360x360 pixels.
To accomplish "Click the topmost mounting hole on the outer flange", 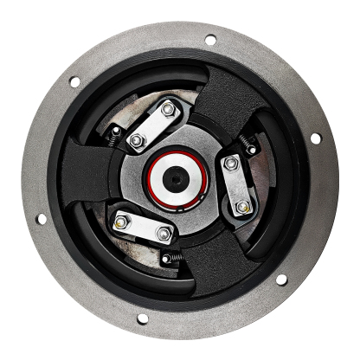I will [209, 39].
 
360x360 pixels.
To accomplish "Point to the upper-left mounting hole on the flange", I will [74, 82].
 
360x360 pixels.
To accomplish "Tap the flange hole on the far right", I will [315, 138].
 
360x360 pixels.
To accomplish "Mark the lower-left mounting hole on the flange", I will [41, 218].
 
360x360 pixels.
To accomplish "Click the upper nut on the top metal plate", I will [168, 110].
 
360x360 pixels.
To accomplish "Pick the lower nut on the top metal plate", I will [136, 140].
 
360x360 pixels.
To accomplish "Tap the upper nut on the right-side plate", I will [231, 163].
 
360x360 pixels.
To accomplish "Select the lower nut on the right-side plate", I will [243, 206].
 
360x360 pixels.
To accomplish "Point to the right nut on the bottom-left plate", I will [163, 233].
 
